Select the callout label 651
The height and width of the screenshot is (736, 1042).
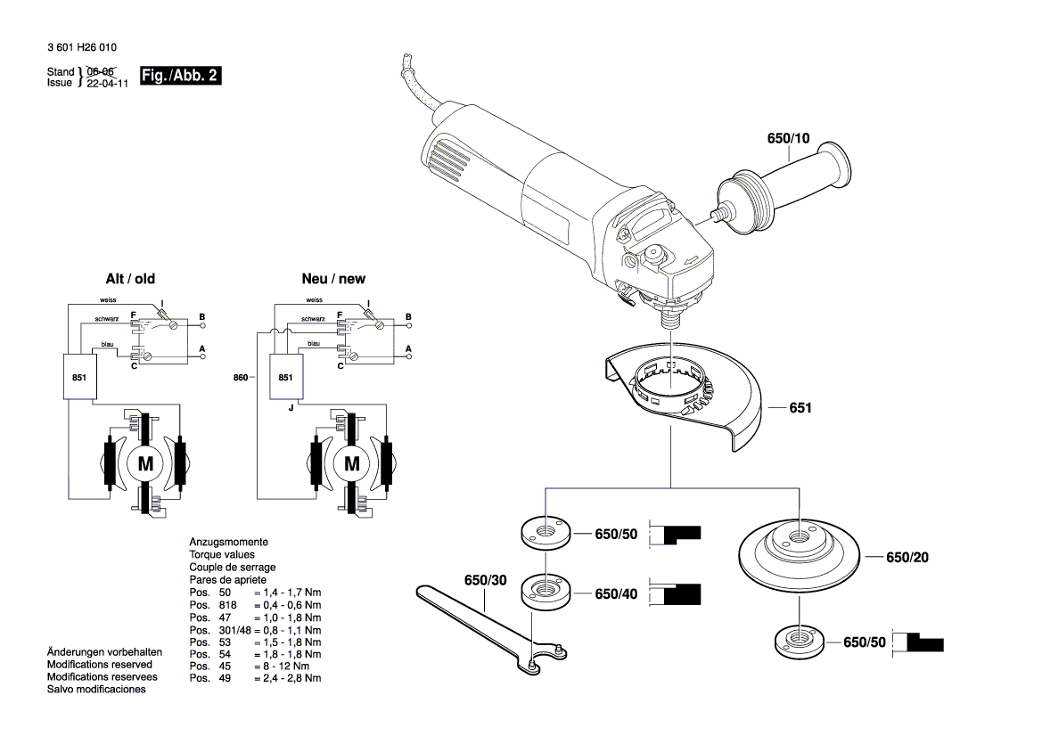click(800, 409)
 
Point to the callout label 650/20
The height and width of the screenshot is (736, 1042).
click(907, 558)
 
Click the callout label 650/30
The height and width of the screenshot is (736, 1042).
click(485, 581)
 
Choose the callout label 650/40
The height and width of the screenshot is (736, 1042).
click(617, 594)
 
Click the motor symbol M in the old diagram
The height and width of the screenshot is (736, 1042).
click(145, 462)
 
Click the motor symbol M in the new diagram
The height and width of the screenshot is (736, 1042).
click(352, 462)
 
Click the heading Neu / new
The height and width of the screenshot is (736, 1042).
click(332, 279)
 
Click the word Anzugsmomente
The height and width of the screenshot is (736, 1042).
click(228, 542)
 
